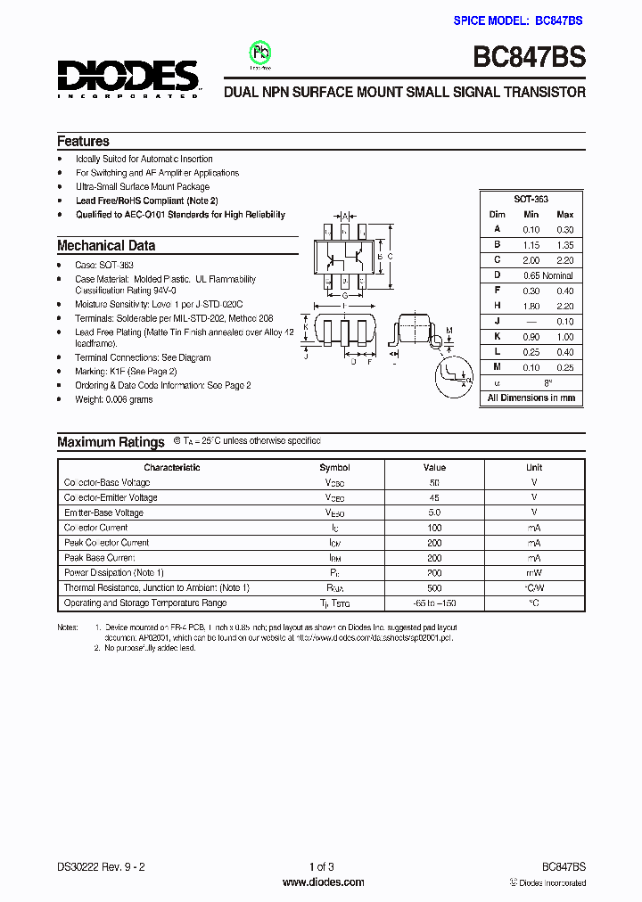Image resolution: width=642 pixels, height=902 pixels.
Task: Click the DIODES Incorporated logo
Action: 128,78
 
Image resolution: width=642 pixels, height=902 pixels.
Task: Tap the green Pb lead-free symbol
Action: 260,53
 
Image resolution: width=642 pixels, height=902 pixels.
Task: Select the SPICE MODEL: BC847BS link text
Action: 519,20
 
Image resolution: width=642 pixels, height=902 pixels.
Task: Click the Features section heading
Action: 83,141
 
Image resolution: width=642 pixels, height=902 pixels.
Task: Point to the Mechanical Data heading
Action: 106,245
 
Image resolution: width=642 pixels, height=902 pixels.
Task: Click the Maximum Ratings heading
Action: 111,442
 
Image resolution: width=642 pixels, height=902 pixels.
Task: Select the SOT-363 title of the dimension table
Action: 531,200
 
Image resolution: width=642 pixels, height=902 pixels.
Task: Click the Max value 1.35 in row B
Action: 564,244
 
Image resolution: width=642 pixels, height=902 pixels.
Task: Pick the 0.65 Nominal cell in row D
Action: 547,275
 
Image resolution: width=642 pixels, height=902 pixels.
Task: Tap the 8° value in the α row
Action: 547,382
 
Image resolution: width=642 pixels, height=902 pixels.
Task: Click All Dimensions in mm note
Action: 531,398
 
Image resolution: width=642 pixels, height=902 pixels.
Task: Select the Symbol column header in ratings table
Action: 334,467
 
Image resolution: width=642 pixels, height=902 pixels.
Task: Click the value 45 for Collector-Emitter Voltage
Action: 434,497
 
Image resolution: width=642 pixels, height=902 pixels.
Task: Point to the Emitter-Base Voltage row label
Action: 103,512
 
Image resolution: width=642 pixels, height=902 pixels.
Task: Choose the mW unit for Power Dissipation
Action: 533,572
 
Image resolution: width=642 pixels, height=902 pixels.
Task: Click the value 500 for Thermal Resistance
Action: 434,587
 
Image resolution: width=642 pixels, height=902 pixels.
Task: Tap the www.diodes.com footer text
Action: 322,882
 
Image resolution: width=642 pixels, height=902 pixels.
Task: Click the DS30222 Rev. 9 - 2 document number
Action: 100,866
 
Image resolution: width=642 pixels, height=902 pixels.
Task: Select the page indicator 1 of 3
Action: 321,866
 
